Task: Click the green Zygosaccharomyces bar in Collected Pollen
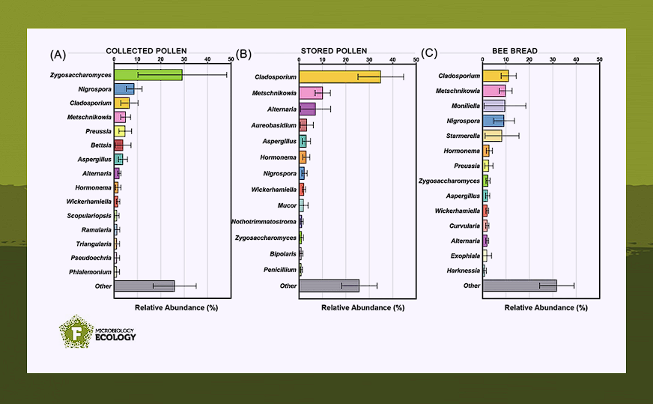pyautogui.click(x=148, y=75)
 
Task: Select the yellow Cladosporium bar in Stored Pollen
pyautogui.click(x=339, y=76)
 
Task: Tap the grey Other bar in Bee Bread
pyautogui.click(x=520, y=286)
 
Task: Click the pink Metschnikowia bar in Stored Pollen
pyautogui.click(x=311, y=93)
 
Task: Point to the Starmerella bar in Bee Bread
pyautogui.click(x=492, y=136)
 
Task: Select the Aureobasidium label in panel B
pyautogui.click(x=276, y=125)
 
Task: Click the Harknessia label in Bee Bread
pyautogui.click(x=463, y=271)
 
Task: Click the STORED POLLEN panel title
pyautogui.click(x=335, y=51)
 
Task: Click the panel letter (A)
pyautogui.click(x=58, y=54)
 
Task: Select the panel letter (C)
pyautogui.click(x=429, y=53)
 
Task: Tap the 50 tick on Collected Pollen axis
pyautogui.click(x=230, y=59)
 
